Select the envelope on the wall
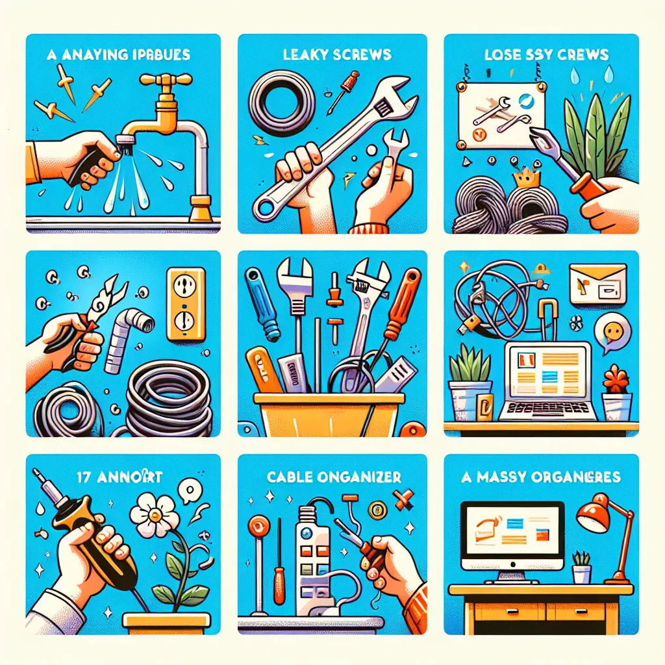pyautogui.click(x=597, y=283)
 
